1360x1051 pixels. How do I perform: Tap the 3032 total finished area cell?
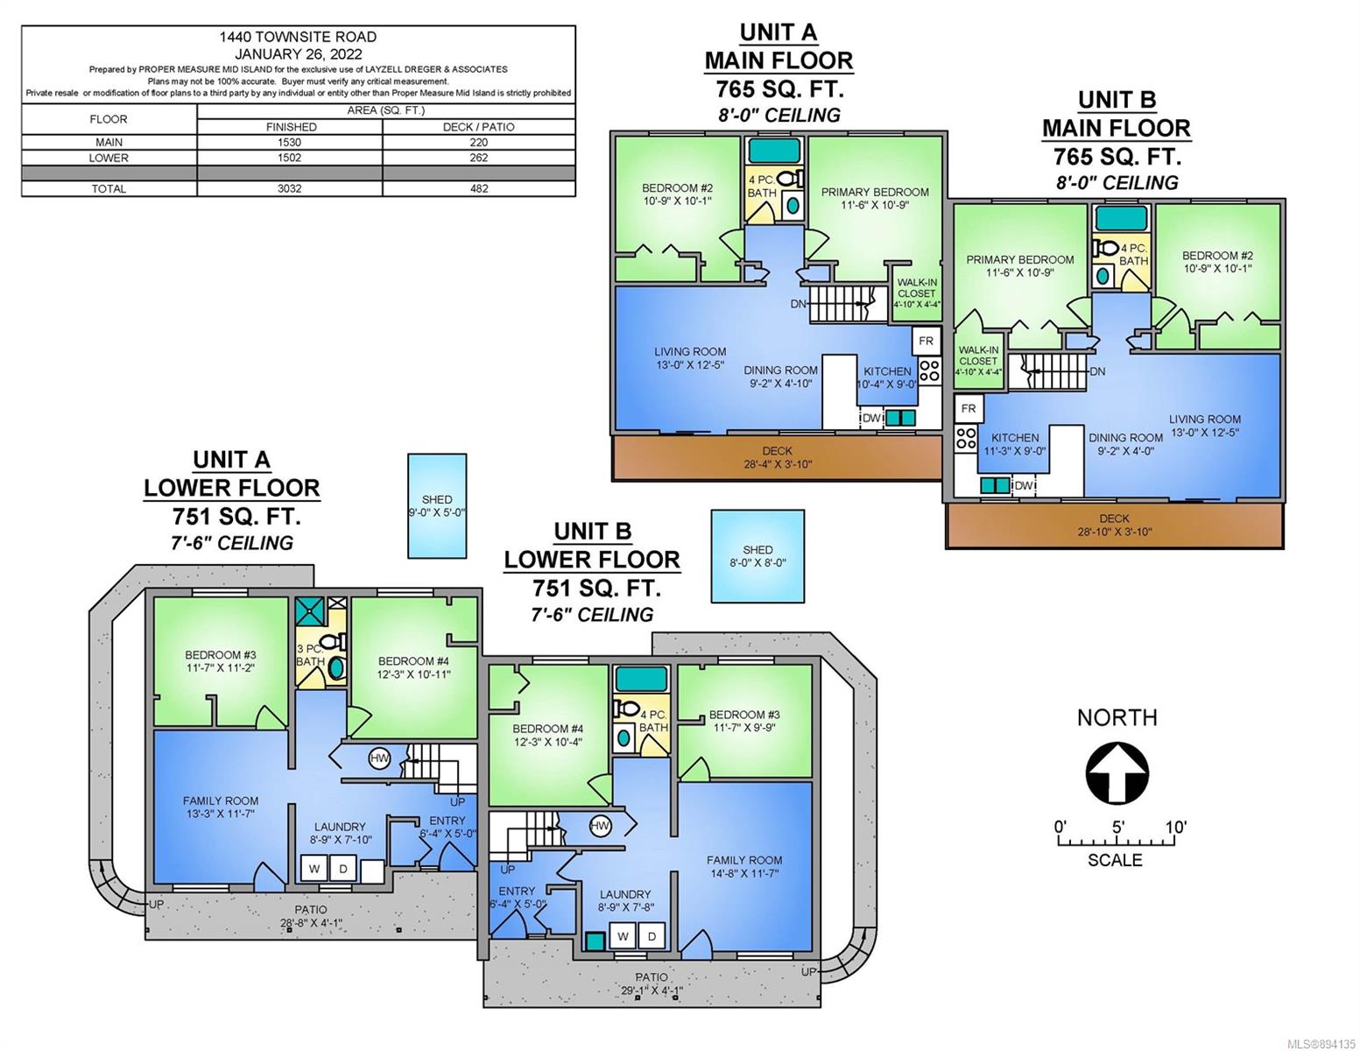pyautogui.click(x=289, y=188)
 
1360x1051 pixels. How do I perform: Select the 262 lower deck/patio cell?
pyautogui.click(x=478, y=158)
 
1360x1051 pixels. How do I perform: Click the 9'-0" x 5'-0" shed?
pyautogui.click(x=437, y=505)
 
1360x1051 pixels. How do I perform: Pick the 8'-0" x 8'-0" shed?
pyautogui.click(x=758, y=556)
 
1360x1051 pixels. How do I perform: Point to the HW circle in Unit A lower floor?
pyautogui.click(x=379, y=758)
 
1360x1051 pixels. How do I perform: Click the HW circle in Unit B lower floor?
pyautogui.click(x=600, y=826)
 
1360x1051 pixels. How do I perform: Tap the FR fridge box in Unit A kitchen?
pyautogui.click(x=927, y=341)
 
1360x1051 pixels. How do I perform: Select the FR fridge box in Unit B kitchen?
pyautogui.click(x=969, y=409)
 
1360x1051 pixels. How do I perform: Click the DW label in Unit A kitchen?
pyautogui.click(x=871, y=418)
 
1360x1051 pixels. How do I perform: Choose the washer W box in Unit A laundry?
pyautogui.click(x=314, y=869)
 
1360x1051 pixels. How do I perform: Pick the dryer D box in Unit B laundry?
pyautogui.click(x=652, y=936)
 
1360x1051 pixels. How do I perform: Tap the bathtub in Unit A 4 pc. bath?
pyautogui.click(x=774, y=151)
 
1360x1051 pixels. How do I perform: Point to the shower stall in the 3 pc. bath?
pyautogui.click(x=310, y=611)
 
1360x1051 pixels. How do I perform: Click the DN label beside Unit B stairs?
pyautogui.click(x=1097, y=371)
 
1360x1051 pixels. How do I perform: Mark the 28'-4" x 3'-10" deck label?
pyautogui.click(x=777, y=457)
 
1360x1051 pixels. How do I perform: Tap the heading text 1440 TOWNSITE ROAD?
pyautogui.click(x=298, y=37)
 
